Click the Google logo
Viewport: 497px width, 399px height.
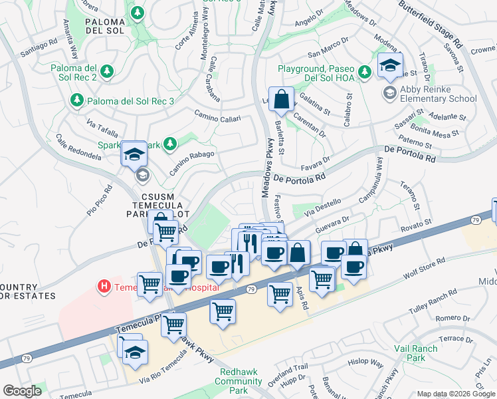[x=22, y=391]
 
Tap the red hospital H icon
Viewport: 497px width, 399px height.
[x=104, y=287]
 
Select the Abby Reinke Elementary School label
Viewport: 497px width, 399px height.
[x=439, y=94]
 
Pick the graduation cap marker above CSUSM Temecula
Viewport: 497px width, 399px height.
[x=134, y=154]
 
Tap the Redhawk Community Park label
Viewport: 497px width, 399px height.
[x=238, y=382]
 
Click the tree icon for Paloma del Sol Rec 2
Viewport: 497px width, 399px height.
[x=107, y=71]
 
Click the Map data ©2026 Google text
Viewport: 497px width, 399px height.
[x=455, y=394]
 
